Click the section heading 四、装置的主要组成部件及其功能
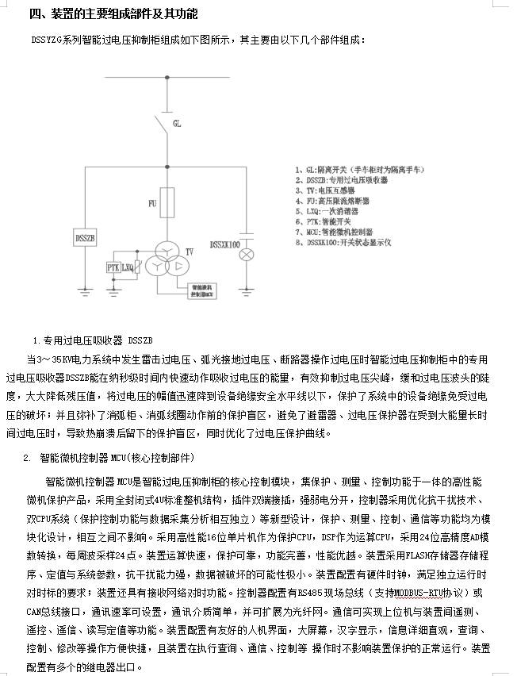[x=113, y=14]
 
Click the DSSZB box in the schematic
[x=85, y=238]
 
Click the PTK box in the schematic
[x=113, y=269]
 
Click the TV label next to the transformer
[x=189, y=252]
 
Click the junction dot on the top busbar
[x=167, y=78]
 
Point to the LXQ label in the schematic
[x=127, y=269]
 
